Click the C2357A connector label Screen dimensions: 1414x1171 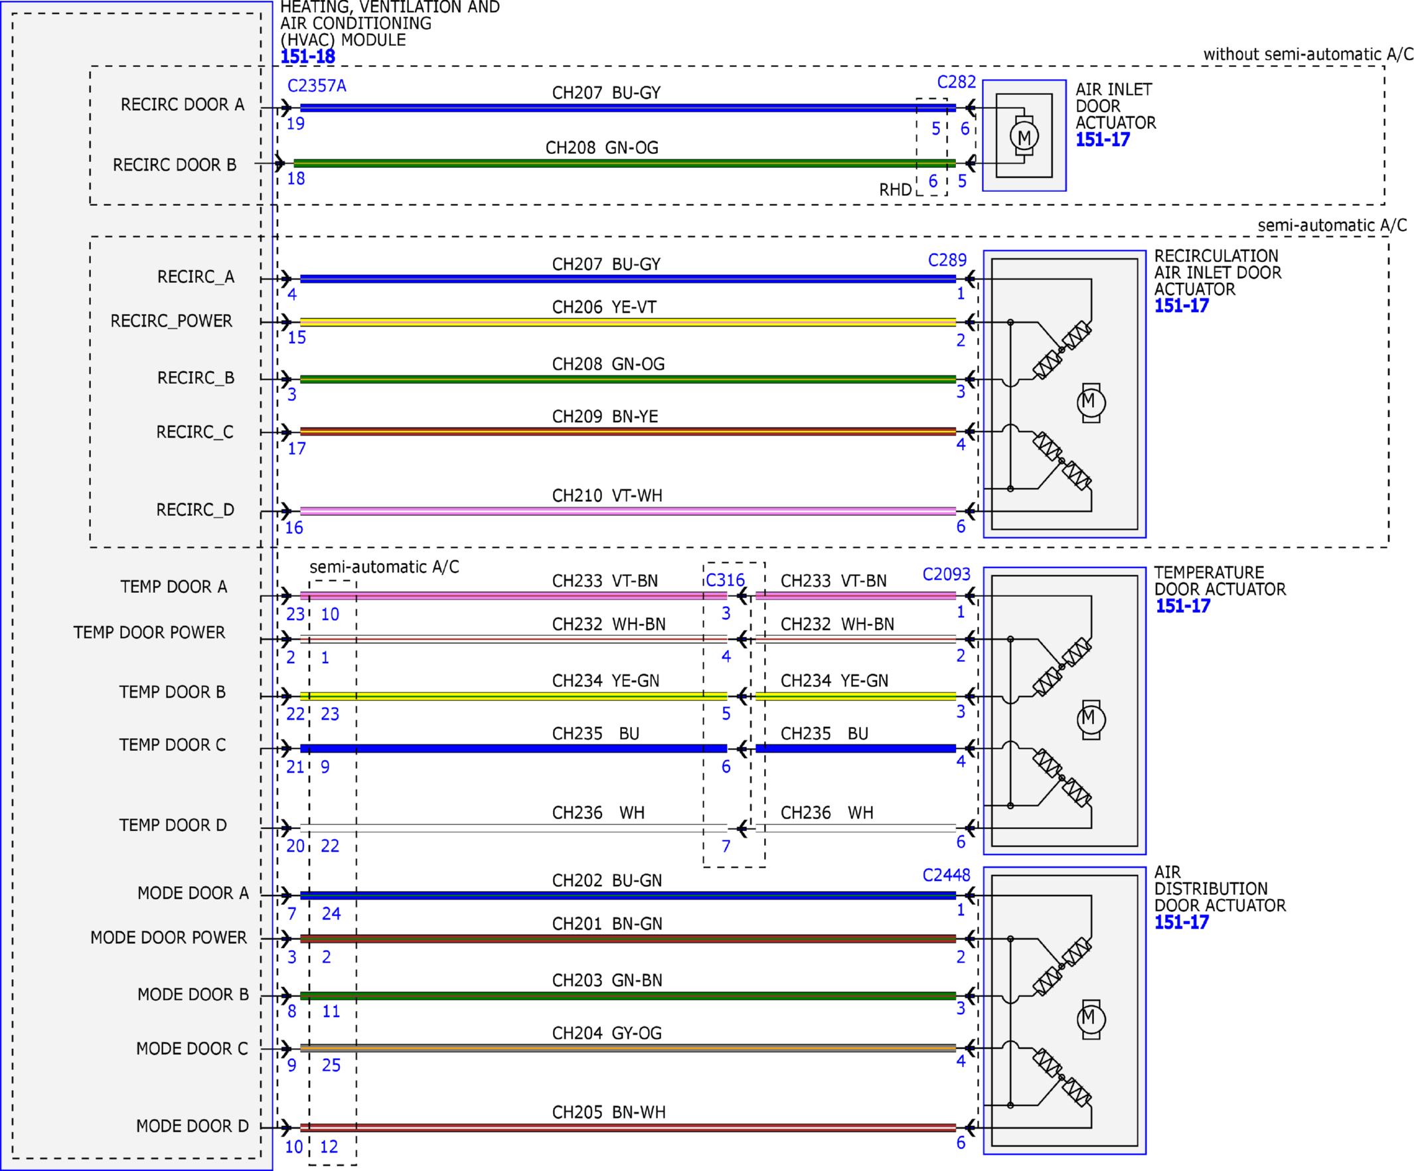tap(317, 86)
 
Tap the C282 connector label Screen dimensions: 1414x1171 tap(956, 82)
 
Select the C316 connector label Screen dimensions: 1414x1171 tap(725, 580)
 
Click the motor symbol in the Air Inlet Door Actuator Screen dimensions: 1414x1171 tap(1024, 137)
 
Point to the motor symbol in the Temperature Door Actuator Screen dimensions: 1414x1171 tap(1091, 719)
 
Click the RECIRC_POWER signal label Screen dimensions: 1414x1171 tap(171, 321)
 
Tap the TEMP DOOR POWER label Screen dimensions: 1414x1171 tap(149, 633)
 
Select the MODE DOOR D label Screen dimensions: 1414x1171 tap(193, 1126)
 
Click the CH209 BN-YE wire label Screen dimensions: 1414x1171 tap(605, 417)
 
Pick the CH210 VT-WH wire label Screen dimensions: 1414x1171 tap(607, 496)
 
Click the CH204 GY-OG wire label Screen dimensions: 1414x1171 tap(607, 1033)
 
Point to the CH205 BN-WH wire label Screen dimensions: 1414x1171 tap(609, 1113)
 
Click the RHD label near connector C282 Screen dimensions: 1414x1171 tap(895, 190)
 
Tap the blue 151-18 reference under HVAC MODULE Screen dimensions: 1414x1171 tap(308, 57)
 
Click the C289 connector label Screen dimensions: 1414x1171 tap(947, 261)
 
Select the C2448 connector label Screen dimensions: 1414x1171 tap(946, 876)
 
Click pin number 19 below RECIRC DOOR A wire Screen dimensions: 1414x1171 tap(295, 124)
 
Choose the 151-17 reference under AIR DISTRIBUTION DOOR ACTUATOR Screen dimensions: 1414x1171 tap(1182, 923)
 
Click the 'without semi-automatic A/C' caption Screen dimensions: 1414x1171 tap(1308, 54)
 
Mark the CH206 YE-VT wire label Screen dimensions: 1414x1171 tap(604, 308)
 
